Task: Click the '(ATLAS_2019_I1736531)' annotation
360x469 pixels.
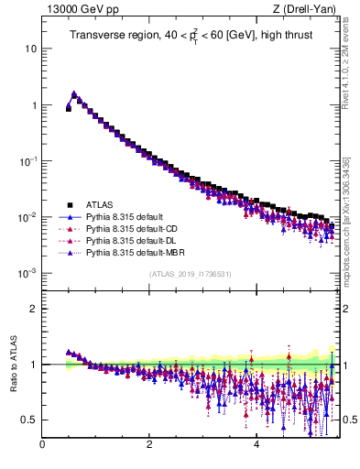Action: [x=190, y=274]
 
